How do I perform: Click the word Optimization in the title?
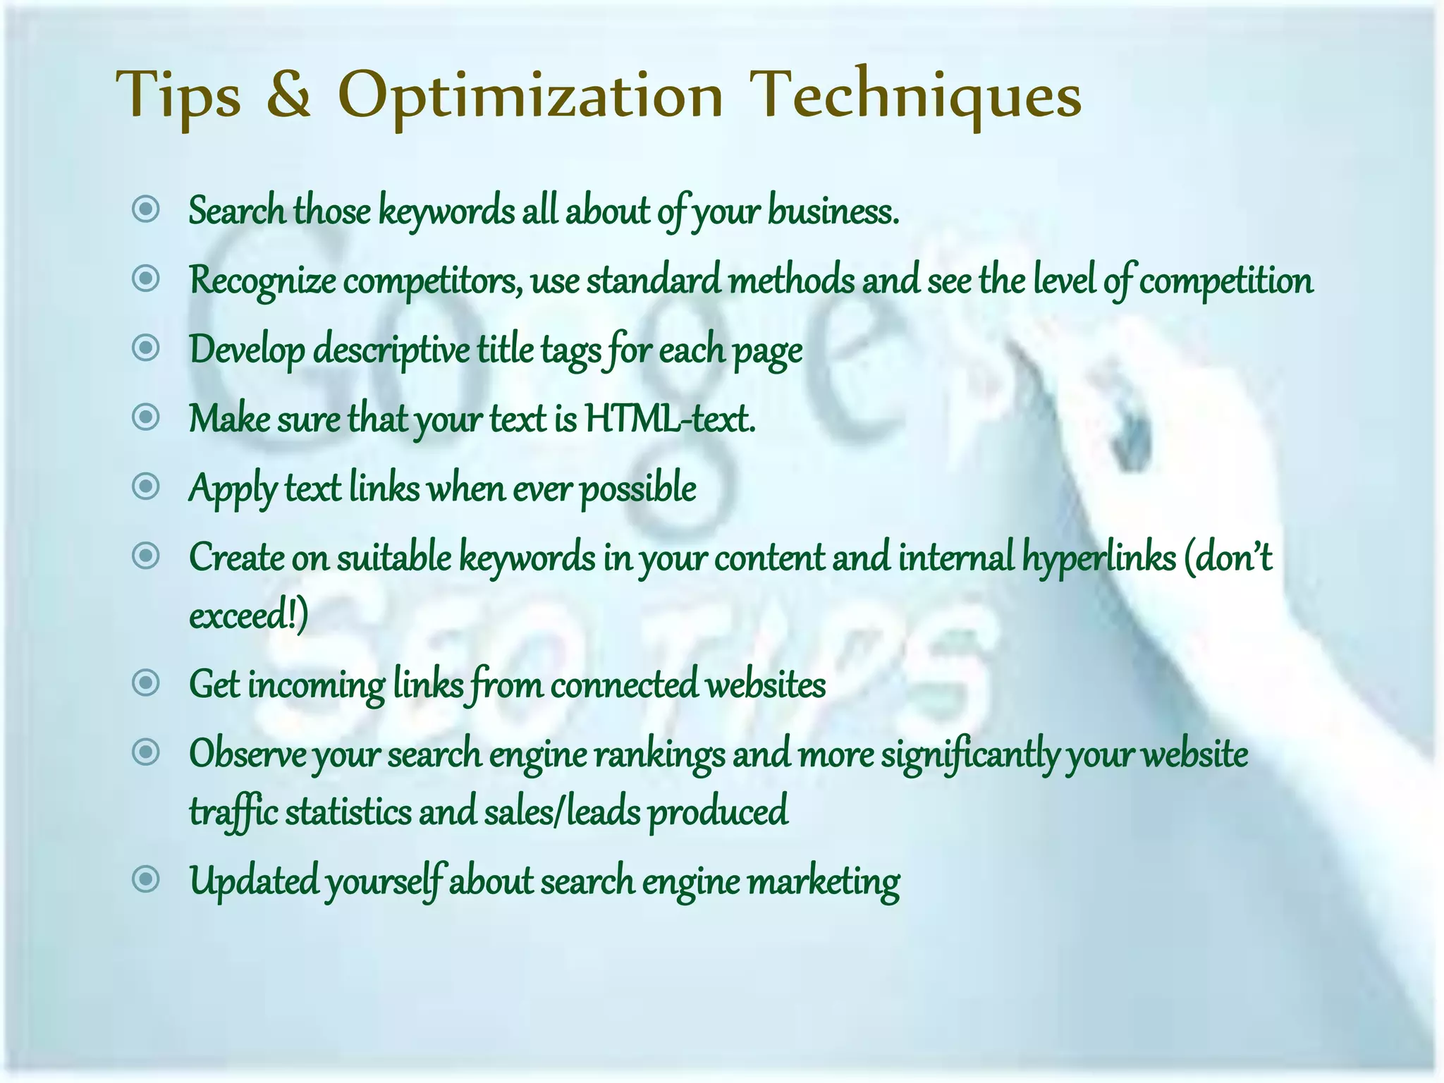pos(530,94)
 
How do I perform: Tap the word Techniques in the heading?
pos(914,94)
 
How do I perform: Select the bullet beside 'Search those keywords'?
pos(146,209)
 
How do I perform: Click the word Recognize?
pos(262,280)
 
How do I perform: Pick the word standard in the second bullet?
pos(653,280)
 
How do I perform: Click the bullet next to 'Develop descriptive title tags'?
pos(146,348)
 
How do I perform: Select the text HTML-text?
pos(670,418)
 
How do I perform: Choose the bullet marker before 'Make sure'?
pos(146,417)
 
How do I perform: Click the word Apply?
pos(233,489)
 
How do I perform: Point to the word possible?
pos(638,489)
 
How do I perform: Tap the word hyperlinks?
pos(1099,558)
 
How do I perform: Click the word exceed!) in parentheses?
pos(248,615)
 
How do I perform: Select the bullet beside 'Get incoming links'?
pos(146,683)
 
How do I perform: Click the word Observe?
pos(247,754)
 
